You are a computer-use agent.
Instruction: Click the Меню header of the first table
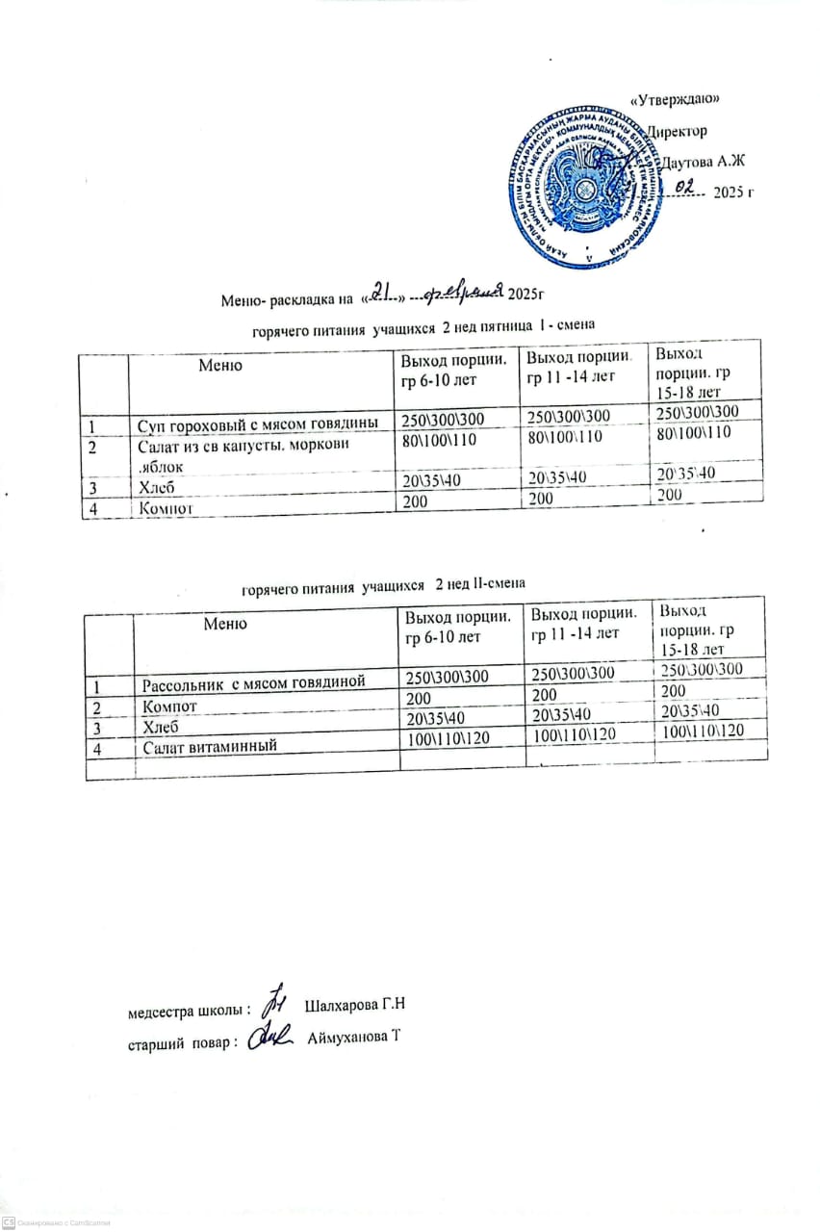tap(221, 365)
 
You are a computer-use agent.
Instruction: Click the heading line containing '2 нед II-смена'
tap(383, 584)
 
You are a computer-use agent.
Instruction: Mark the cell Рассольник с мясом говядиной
tap(254, 683)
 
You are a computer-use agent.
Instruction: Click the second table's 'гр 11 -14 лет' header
tap(576, 632)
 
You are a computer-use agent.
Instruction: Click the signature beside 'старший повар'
tap(270, 1039)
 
